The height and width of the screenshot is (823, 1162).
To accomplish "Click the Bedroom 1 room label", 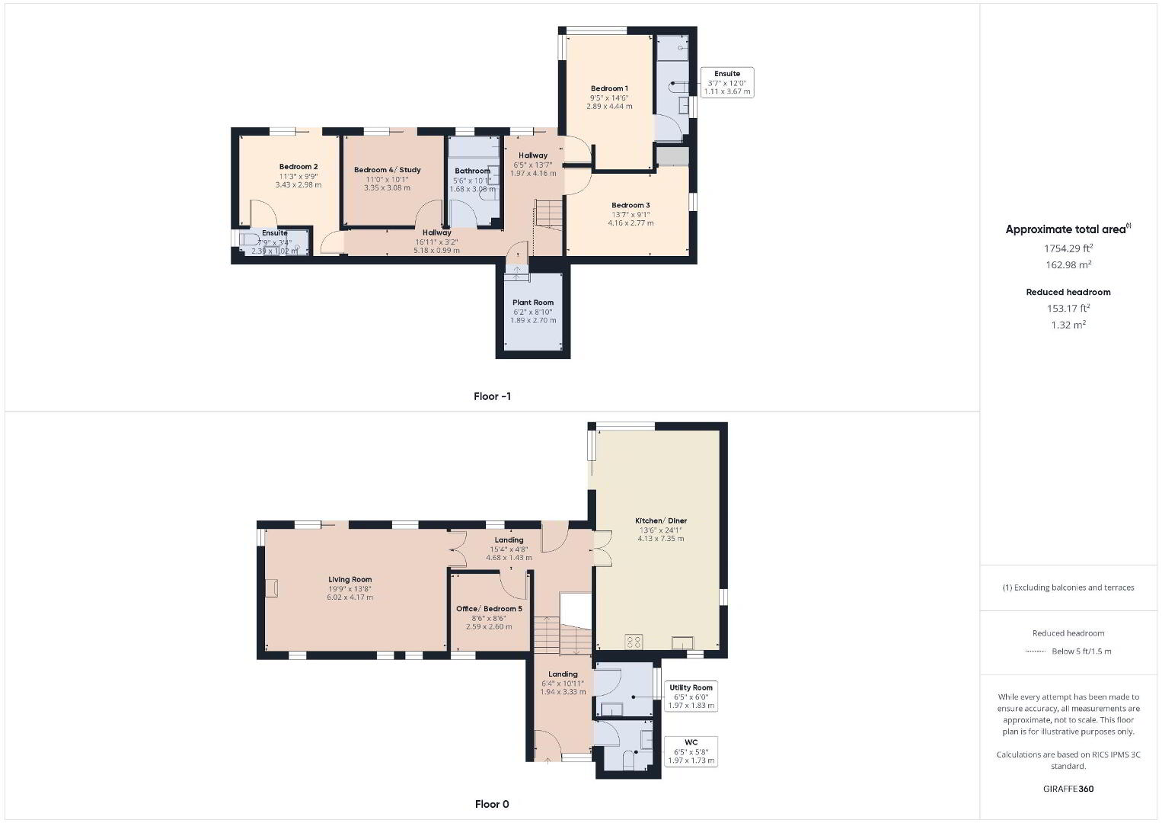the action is (609, 88).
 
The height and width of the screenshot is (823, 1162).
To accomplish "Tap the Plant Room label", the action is (533, 303).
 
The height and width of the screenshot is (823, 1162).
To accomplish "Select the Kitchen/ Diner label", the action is (661, 520).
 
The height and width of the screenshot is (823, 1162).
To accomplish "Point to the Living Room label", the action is (350, 579).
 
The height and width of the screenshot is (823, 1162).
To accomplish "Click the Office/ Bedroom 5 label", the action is (489, 609).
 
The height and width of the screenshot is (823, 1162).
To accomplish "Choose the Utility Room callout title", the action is (691, 687).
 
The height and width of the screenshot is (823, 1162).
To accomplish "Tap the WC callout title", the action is (691, 742).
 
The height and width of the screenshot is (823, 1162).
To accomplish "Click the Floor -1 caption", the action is (493, 396).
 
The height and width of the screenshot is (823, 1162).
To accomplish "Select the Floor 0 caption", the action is (492, 804).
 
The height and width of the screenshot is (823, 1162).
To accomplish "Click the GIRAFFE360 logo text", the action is (1068, 789).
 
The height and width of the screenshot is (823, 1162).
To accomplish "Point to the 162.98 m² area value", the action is (1068, 264).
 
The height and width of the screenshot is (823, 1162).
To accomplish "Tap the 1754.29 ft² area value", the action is (1068, 248).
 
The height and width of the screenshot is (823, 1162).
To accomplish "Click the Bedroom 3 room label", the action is (630, 205).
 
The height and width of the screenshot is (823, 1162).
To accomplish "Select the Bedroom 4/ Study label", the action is (387, 170).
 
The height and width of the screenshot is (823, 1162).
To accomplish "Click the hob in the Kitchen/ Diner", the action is (634, 642).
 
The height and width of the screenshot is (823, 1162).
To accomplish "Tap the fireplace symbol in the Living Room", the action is (273, 588).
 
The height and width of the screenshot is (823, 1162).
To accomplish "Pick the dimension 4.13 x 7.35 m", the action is (661, 539).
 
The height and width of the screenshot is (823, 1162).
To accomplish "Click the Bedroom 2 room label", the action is (298, 167).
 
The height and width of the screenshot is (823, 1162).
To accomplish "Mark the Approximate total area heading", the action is (1068, 229).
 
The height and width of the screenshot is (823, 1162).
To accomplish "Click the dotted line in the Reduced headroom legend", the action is (1036, 652).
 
